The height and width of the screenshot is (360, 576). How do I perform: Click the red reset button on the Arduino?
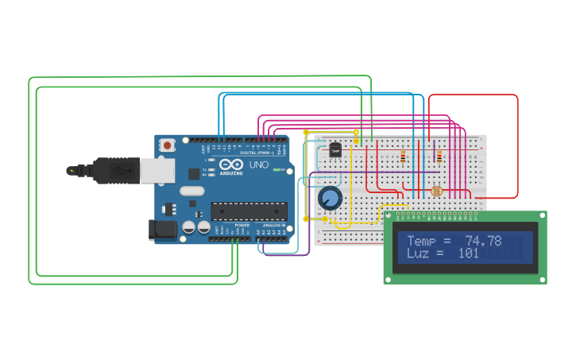click(167, 145)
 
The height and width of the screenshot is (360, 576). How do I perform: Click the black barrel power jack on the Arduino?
click(163, 230)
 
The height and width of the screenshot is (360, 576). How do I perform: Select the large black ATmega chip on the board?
click(249, 211)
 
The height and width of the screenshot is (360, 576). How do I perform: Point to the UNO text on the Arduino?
click(259, 165)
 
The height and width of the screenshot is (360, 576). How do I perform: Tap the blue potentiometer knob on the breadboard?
click(330, 198)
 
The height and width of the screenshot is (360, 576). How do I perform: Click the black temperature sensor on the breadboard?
click(335, 149)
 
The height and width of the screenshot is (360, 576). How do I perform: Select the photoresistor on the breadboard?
click(435, 191)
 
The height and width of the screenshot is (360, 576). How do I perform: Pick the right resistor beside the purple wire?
click(439, 157)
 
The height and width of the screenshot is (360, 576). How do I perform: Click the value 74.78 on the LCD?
click(483, 241)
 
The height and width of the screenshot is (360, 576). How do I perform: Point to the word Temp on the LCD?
click(423, 241)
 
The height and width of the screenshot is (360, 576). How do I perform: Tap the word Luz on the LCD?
click(419, 254)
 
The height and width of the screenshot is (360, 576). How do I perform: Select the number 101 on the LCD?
click(469, 254)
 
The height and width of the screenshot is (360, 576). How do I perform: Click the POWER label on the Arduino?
click(241, 226)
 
